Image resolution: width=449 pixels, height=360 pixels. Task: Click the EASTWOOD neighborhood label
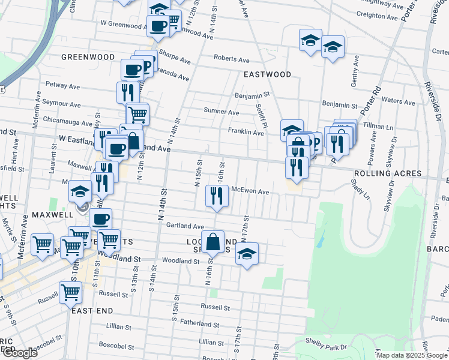[x=267, y=74]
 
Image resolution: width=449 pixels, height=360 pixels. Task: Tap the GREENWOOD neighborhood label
[x=88, y=57]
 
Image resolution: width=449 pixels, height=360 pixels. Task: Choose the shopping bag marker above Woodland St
[x=213, y=242]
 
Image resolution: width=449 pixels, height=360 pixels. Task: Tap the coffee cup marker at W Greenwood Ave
[x=158, y=26]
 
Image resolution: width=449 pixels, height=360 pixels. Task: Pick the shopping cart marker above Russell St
[x=71, y=292]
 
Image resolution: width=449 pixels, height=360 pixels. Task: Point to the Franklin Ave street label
[x=246, y=131]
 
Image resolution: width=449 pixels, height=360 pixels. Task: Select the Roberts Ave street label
[x=232, y=60]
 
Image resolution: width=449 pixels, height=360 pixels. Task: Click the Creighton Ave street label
[x=378, y=17]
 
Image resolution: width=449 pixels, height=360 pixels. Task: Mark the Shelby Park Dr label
[x=329, y=347]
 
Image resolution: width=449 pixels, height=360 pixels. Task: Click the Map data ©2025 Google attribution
[x=412, y=355]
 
